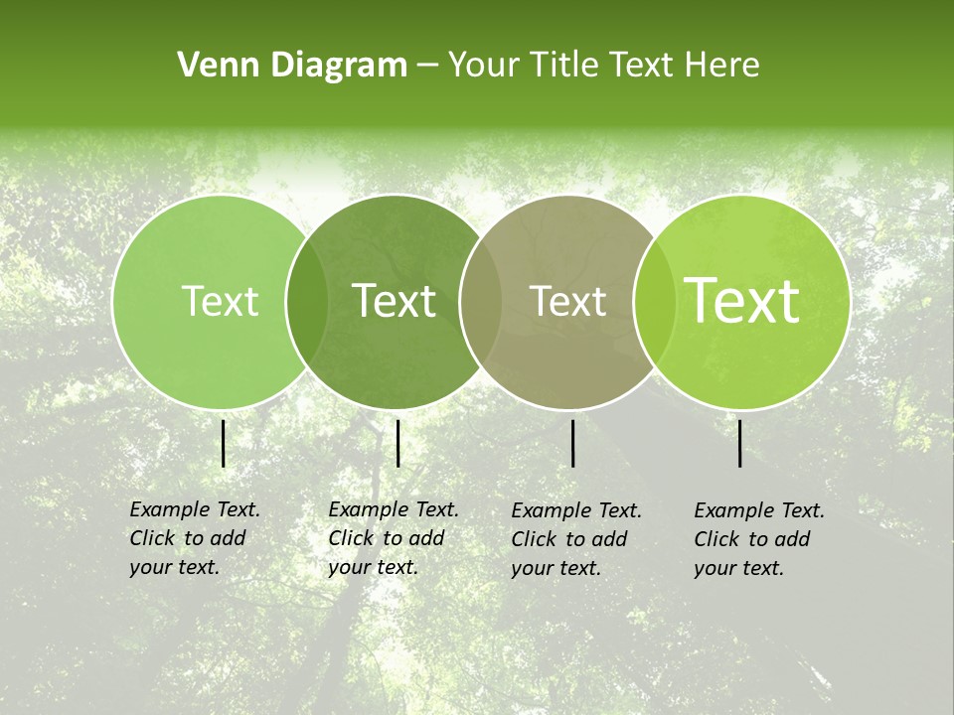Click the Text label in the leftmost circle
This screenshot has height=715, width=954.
tap(220, 301)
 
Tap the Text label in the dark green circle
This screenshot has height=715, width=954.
tap(395, 301)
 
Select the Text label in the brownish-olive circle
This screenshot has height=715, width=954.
tap(568, 301)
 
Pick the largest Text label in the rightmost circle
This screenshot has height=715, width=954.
tap(742, 301)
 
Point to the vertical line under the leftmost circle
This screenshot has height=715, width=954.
tap(224, 443)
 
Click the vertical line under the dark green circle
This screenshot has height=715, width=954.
tap(397, 443)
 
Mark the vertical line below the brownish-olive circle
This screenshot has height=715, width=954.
tap(573, 443)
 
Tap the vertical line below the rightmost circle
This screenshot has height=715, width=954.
tap(740, 443)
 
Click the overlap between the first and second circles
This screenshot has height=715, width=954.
tap(307, 302)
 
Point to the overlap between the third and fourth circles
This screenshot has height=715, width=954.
tap(651, 302)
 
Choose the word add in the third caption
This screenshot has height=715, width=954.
tap(609, 539)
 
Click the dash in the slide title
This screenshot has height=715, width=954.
tap(427, 66)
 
